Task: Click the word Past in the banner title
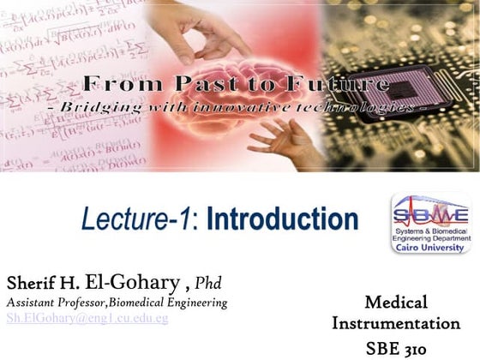tap(218, 84)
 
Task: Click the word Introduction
tap(282, 219)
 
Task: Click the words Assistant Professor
tap(55, 303)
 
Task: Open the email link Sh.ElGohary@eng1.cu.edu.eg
tap(87, 319)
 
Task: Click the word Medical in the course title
tap(395, 302)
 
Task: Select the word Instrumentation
tap(395, 324)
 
